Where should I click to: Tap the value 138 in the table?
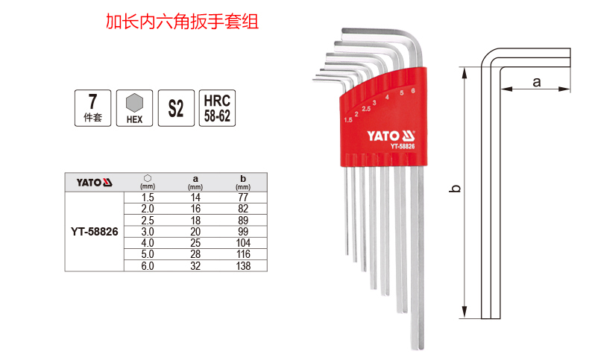[243, 265]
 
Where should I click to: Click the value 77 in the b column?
[243, 198]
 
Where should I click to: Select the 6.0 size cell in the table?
[148, 265]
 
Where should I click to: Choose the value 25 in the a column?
[195, 243]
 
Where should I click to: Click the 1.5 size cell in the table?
[148, 198]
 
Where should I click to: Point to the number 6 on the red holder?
[412, 90]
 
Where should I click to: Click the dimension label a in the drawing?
[536, 81]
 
